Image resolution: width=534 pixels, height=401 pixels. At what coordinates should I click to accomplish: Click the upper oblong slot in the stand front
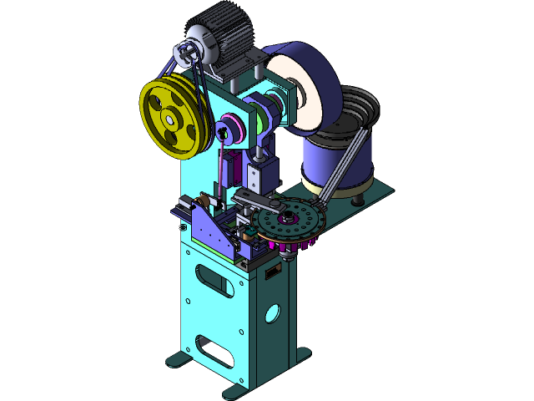(214, 280)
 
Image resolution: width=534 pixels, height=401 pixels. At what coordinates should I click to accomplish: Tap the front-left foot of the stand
(179, 361)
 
